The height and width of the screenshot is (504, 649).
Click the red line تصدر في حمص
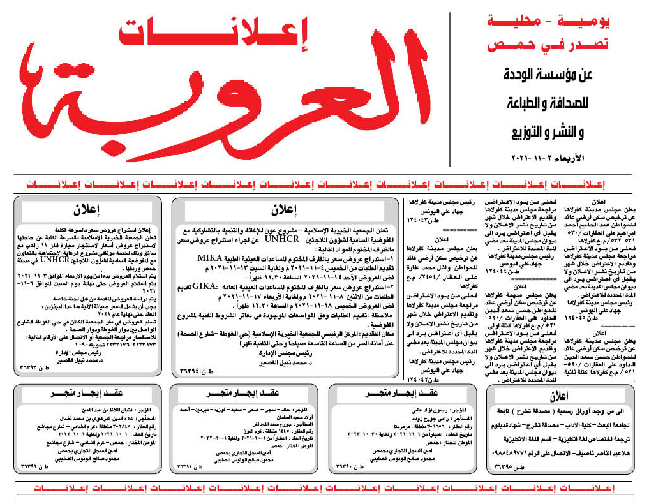(548, 45)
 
